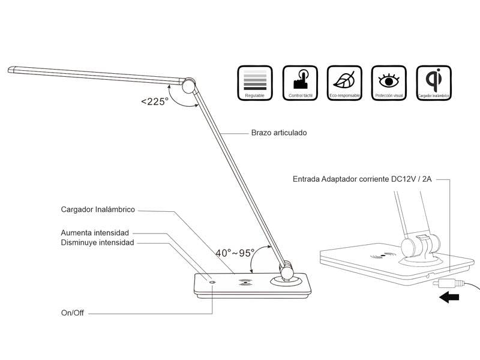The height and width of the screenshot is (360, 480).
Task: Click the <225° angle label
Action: pyautogui.click(x=154, y=101)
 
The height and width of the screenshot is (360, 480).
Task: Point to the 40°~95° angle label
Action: pyautogui.click(x=235, y=253)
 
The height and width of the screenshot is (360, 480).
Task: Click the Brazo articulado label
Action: pyautogui.click(x=278, y=133)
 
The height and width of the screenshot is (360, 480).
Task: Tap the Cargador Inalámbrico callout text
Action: pyautogui.click(x=98, y=210)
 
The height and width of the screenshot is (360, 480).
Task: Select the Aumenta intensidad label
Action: pyautogui.click(x=95, y=232)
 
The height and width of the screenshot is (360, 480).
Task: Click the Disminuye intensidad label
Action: pyautogui.click(x=97, y=242)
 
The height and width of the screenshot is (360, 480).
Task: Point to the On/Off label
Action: pyautogui.click(x=73, y=313)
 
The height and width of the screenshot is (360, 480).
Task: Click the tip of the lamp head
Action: pyautogui.click(x=12, y=70)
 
